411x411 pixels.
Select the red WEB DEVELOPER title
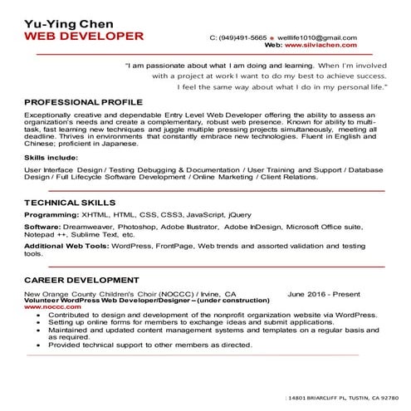83,37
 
